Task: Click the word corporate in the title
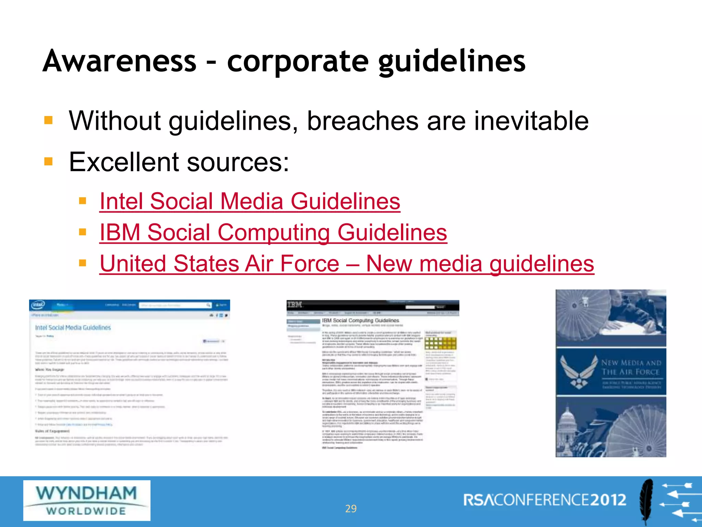click(x=298, y=62)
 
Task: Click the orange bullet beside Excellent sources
click(x=48, y=161)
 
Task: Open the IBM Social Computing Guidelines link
click(x=273, y=232)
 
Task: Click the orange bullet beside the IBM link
click(x=82, y=232)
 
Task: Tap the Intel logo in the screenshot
click(x=38, y=305)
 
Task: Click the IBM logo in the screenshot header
click(x=294, y=304)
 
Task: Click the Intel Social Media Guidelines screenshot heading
click(x=73, y=328)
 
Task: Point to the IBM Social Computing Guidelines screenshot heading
click(x=360, y=320)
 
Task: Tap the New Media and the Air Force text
click(x=631, y=367)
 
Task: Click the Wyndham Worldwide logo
click(x=86, y=500)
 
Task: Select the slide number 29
click(x=351, y=508)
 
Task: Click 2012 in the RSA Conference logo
click(x=608, y=500)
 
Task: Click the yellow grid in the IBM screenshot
click(x=440, y=343)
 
